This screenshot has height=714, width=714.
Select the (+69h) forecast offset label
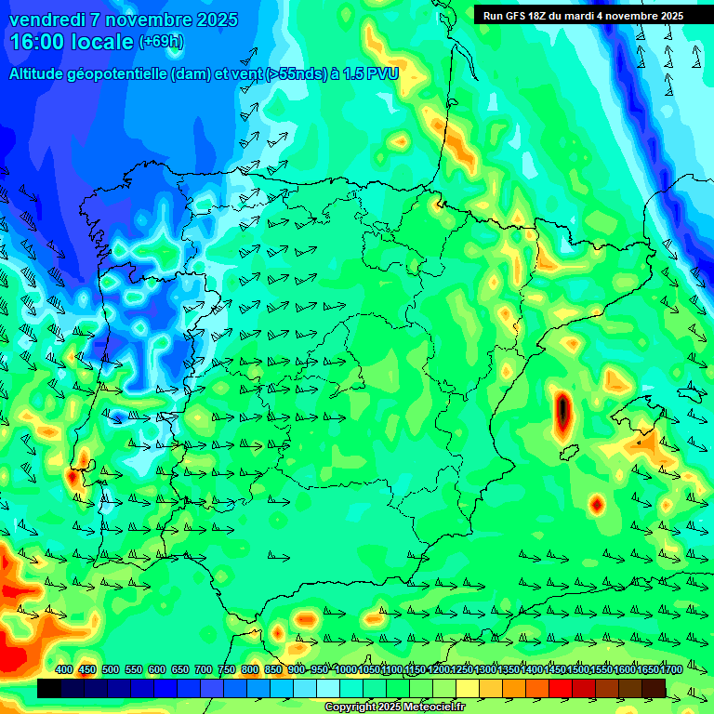click(161, 41)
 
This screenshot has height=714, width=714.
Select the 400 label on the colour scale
click(64, 670)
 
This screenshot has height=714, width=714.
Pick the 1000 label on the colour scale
click(346, 670)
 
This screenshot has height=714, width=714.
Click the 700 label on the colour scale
click(204, 670)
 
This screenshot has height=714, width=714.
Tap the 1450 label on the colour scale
click(555, 670)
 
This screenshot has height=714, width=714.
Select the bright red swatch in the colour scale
click(561, 688)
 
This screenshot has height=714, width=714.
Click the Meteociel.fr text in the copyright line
click(433, 707)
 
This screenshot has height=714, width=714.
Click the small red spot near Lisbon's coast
click(73, 478)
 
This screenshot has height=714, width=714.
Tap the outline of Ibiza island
click(569, 452)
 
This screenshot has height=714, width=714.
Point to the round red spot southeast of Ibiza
click(597, 504)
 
